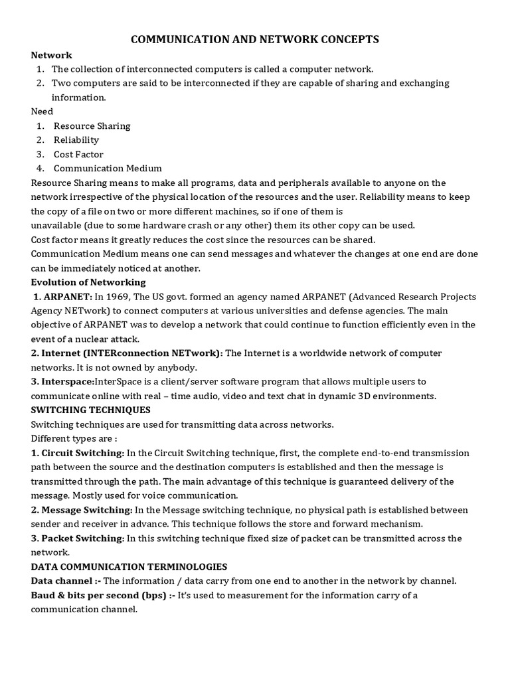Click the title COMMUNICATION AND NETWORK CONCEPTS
pos(255,40)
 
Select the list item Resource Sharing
pos(92,126)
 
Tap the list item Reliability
pos(76,139)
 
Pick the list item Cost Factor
pos(78,154)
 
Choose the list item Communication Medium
pos(108,168)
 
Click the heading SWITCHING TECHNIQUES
pos(90,410)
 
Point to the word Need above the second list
pos(42,112)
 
